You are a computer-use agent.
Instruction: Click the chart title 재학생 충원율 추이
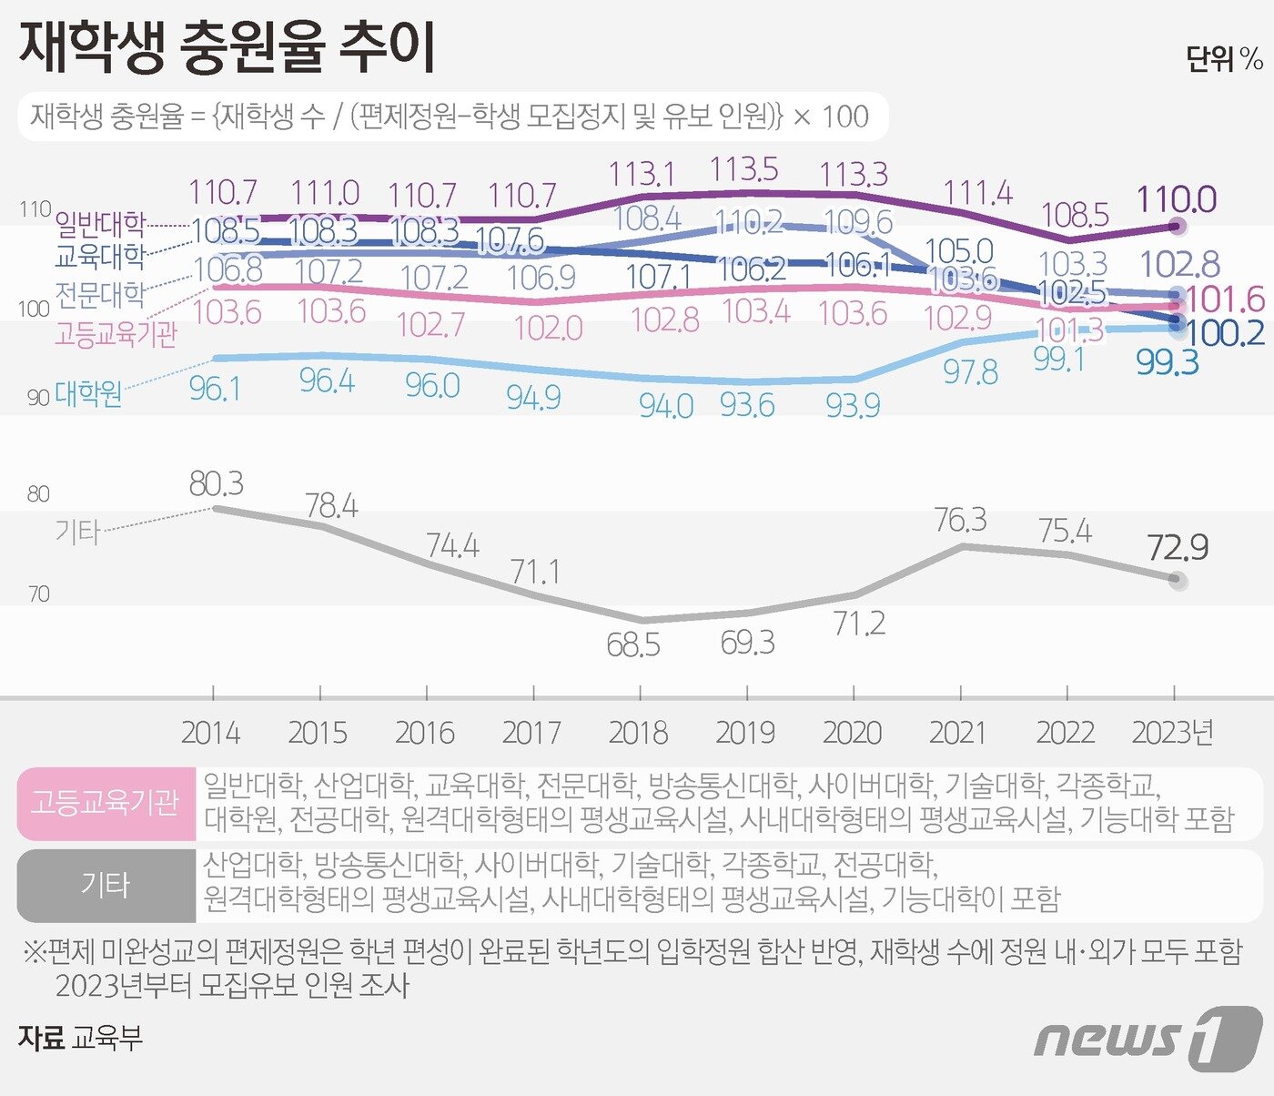pos(227,47)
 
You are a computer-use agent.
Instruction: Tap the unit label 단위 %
pos(1224,60)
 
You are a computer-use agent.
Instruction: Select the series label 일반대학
pos(100,223)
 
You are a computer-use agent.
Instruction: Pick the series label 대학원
pos(88,394)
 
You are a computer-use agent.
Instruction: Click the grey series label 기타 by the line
pos(76,531)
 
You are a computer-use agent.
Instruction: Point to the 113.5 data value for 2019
pos(744,169)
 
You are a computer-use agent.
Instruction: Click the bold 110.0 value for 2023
pos(1176,198)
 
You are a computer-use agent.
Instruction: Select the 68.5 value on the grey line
pos(633,645)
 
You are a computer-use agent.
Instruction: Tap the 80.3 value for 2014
pos(216,483)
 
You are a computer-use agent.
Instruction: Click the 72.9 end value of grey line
pos(1178,548)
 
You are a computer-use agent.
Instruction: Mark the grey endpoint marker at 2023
pos(1177,579)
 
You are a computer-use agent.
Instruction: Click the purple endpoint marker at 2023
pos(1177,225)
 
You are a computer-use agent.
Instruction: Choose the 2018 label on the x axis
pos(638,733)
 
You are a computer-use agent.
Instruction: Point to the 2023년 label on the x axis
pos(1173,733)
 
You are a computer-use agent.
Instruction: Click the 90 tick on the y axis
pos(37,398)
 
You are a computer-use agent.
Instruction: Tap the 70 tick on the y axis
pos(38,594)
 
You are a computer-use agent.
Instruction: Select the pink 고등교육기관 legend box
pos(106,804)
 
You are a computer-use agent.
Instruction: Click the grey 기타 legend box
pos(106,886)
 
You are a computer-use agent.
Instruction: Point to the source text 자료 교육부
pos(80,1038)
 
